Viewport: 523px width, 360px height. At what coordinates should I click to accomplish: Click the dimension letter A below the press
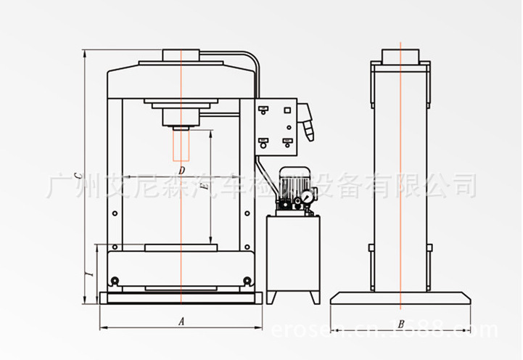point(182,320)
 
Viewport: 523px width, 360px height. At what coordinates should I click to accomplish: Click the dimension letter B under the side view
point(400,323)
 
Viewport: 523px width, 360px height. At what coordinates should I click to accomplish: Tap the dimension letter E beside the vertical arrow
point(205,188)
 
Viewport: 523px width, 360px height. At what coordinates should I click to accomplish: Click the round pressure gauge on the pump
point(308,196)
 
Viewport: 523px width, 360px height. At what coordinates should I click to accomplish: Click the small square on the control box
point(287,110)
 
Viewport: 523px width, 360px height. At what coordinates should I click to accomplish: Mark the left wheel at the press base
point(114,281)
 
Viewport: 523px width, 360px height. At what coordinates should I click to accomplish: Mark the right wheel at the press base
point(247,281)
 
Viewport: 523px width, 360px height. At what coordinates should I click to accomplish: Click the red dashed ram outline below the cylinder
point(181,145)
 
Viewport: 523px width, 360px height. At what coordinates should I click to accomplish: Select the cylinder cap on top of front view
point(181,56)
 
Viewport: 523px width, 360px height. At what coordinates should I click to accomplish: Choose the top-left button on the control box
point(263,110)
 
